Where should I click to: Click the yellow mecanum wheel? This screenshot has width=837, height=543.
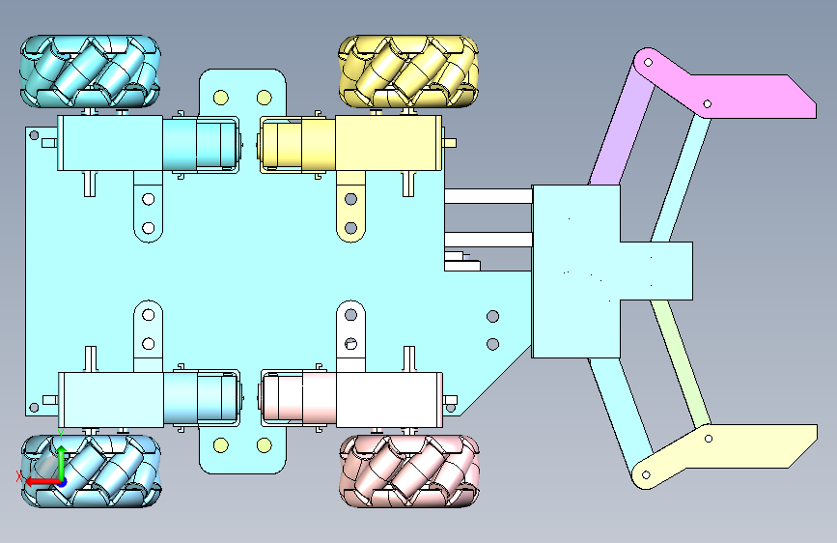(x=408, y=71)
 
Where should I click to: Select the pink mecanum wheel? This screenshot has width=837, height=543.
(x=409, y=471)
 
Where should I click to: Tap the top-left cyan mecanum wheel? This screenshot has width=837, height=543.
(x=90, y=71)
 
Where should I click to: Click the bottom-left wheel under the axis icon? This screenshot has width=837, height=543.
(x=91, y=471)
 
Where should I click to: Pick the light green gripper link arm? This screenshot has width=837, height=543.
(x=681, y=363)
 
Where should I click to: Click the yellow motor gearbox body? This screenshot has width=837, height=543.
(x=389, y=143)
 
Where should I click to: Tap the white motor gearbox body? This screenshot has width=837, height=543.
(x=390, y=400)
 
